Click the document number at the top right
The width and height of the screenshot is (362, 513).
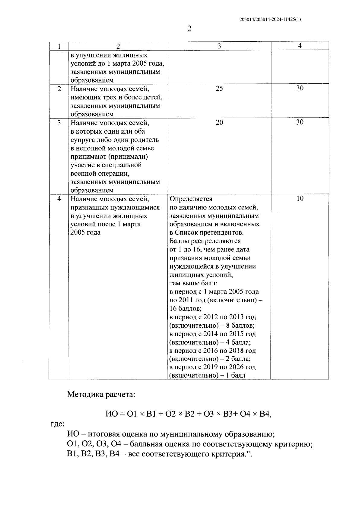coord(270,19)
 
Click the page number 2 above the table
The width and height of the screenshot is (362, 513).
coord(189,29)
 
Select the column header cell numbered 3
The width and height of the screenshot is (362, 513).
coord(219,46)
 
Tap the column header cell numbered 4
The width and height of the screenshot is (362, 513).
coord(300,46)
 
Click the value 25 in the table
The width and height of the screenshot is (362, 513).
coord(219,88)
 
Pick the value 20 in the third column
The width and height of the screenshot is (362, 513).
coord(219,122)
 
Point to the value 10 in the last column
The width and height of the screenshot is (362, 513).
coord(300,199)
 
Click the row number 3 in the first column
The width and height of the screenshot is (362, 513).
coord(59,123)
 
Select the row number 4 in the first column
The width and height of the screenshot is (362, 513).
coord(59,199)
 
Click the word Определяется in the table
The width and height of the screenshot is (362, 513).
coord(191,199)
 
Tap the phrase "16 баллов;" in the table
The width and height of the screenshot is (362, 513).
coord(186,309)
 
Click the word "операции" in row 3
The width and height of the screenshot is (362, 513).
coord(114,174)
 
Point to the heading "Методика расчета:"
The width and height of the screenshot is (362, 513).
coord(101,394)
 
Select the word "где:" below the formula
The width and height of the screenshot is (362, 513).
coord(57,424)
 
